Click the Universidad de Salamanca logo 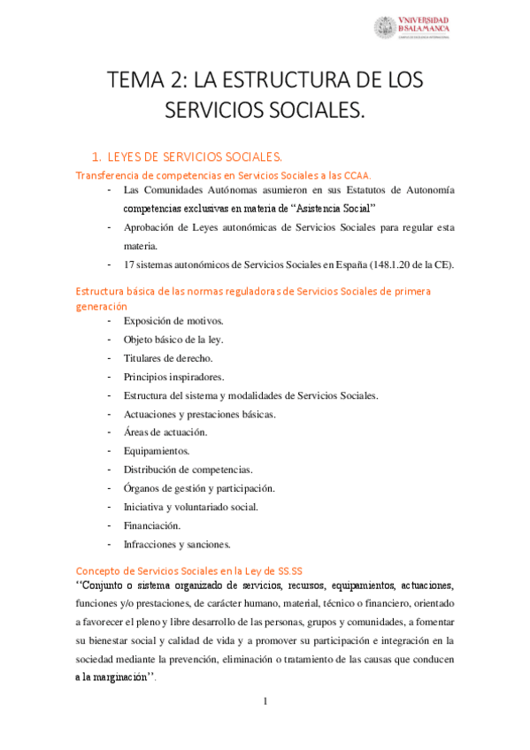pyautogui.click(x=412, y=27)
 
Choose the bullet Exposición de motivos pyautogui.click(x=173, y=320)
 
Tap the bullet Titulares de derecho pyautogui.click(x=168, y=358)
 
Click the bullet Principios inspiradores pyautogui.click(x=173, y=377)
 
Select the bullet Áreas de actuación pyautogui.click(x=165, y=432)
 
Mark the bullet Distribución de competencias pyautogui.click(x=188, y=470)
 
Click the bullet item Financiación pyautogui.click(x=152, y=525)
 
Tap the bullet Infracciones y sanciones pyautogui.click(x=177, y=544)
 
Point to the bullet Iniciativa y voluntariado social pyautogui.click(x=191, y=507)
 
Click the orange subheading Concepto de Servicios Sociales pyautogui.click(x=190, y=571)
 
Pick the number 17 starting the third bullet pyautogui.click(x=130, y=265)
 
